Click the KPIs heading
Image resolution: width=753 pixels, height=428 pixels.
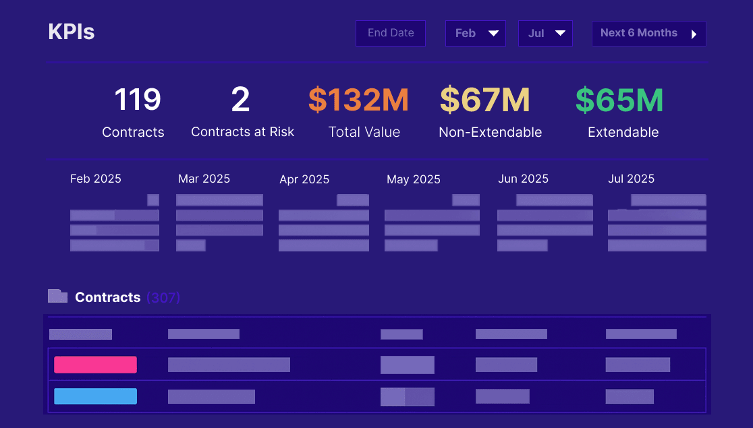pos(72,32)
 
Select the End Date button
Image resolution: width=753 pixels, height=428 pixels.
pos(391,33)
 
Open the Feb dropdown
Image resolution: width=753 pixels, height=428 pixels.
pos(475,33)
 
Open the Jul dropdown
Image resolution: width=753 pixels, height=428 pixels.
pos(545,33)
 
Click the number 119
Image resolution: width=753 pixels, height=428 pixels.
pos(138,100)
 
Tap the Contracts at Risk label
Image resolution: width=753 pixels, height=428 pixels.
pos(242,132)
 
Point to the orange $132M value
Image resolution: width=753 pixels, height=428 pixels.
pos(358,100)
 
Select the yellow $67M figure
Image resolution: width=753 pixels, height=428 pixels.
pos(484,100)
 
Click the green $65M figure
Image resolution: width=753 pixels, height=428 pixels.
pos(619,100)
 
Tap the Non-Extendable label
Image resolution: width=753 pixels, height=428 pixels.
pos(490,133)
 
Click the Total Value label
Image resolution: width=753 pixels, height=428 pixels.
pos(364,133)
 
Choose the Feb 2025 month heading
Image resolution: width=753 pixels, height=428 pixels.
pos(96,179)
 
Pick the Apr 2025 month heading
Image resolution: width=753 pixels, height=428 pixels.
pos(304,179)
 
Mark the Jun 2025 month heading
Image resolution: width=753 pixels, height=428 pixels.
pos(523,179)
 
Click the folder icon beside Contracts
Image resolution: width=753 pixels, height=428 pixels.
pos(57,296)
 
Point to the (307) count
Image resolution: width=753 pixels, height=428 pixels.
pos(163,297)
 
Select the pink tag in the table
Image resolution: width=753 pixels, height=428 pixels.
pos(95,365)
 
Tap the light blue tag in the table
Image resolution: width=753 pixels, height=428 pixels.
pos(95,396)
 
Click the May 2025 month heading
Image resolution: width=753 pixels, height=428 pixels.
pos(413,179)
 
